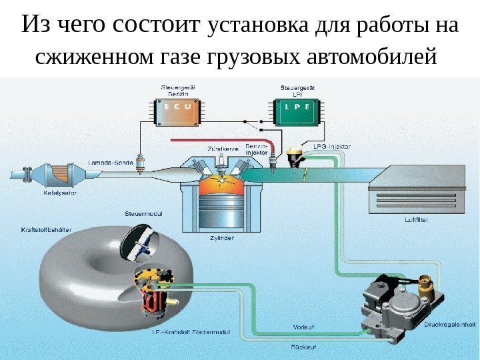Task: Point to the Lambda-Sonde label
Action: (110, 162)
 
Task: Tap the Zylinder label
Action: (221, 237)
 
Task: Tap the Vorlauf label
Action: (303, 326)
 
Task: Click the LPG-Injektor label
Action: (331, 145)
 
